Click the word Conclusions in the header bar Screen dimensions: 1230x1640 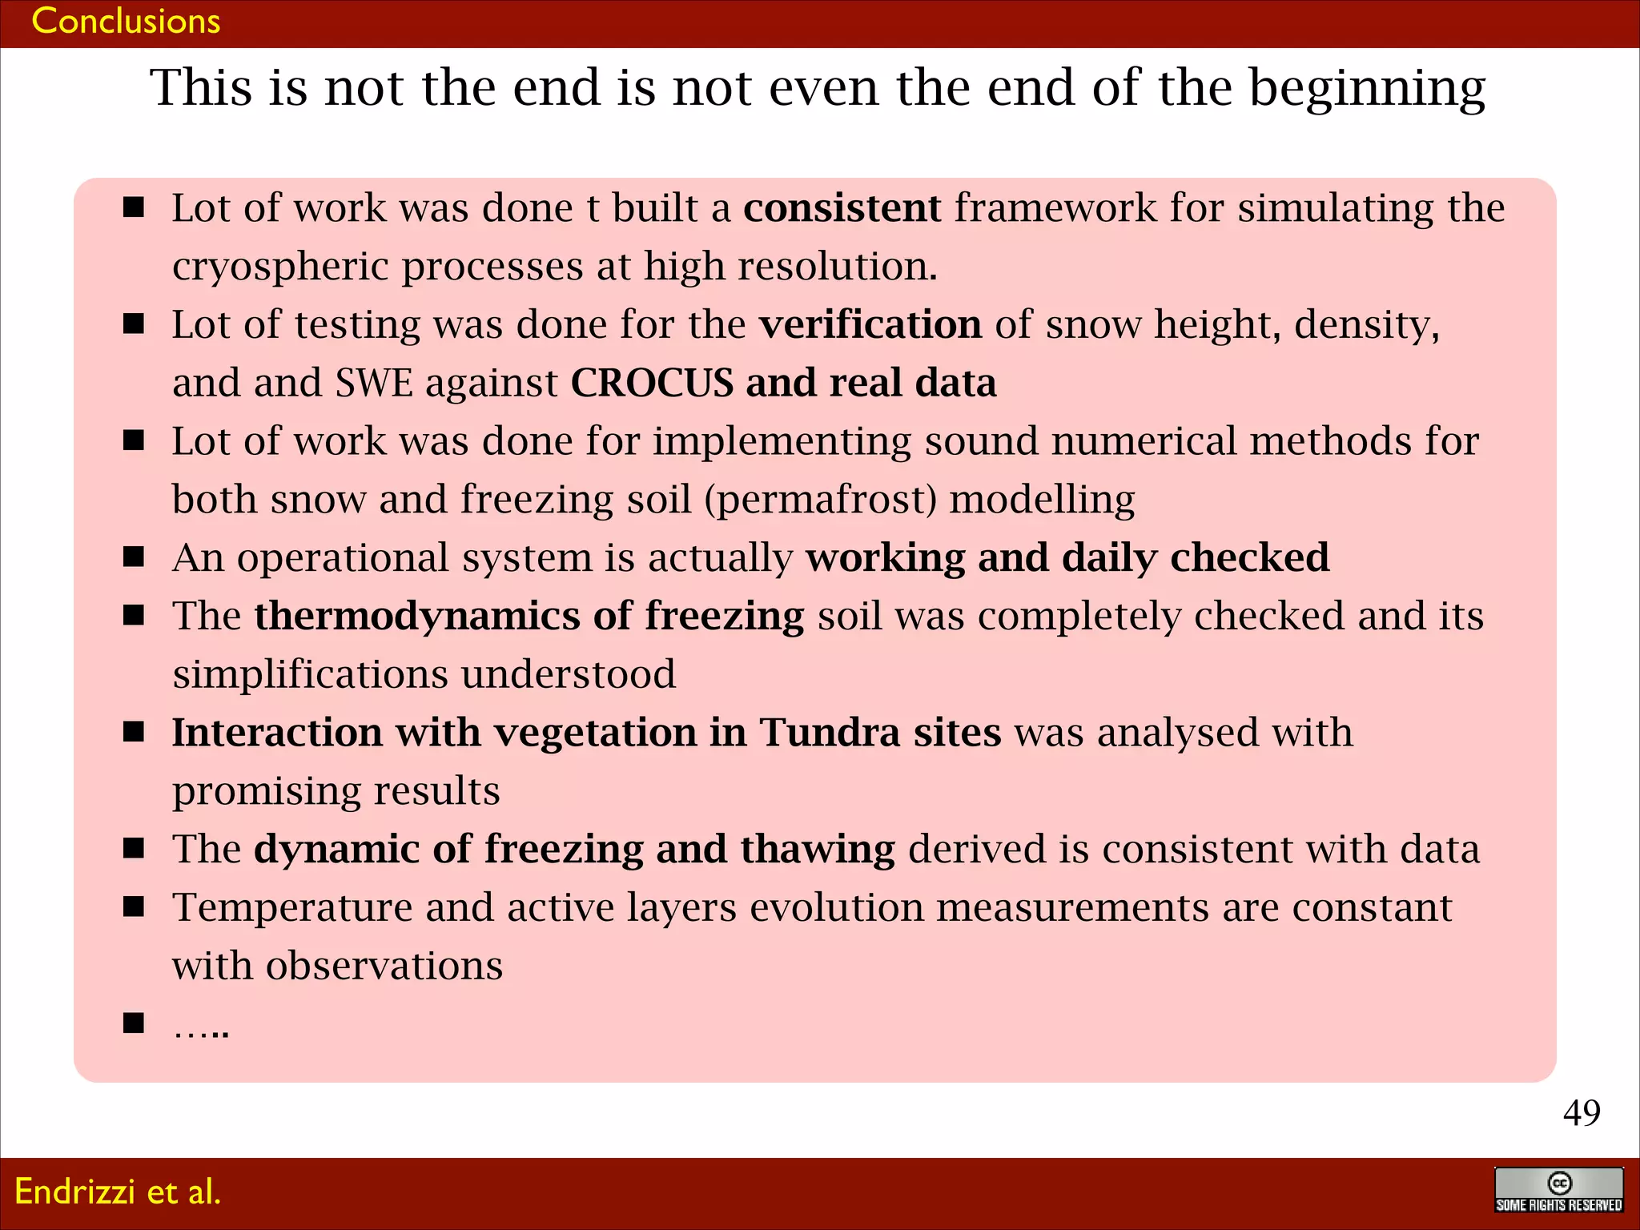tap(126, 21)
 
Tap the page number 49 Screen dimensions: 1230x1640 tap(1581, 1112)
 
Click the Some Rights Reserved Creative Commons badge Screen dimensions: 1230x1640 tap(1558, 1191)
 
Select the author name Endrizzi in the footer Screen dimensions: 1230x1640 tap(74, 1192)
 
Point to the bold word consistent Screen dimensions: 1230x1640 tap(842, 208)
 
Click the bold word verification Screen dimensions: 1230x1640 tap(870, 325)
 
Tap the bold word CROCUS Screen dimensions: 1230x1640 tap(652, 383)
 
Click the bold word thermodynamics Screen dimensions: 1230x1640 tap(416, 617)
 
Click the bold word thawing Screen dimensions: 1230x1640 tap(817, 850)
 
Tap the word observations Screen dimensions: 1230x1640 tap(384, 967)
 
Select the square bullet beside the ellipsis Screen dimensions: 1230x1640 tap(134, 1023)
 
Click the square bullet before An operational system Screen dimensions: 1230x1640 tap(134, 557)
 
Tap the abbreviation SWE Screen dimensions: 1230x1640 tap(374, 383)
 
